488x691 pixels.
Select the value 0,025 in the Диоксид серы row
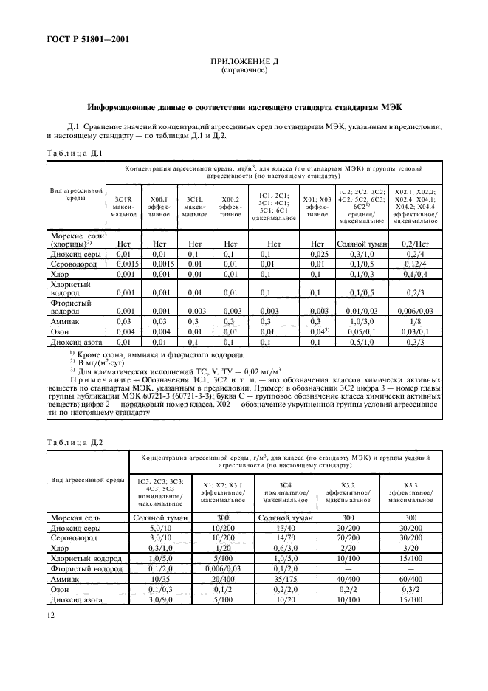(x=317, y=253)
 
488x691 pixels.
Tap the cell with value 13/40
(x=284, y=529)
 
